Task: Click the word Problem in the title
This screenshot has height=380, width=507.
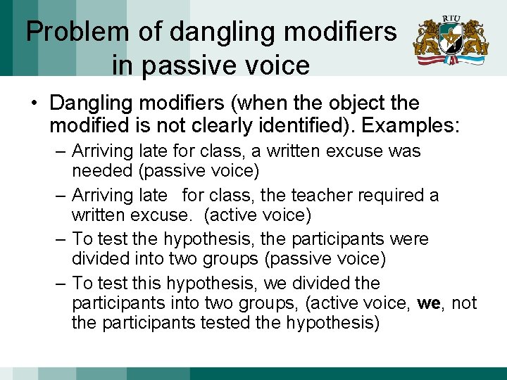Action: (x=77, y=32)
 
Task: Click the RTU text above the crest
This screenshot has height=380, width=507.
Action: (x=451, y=18)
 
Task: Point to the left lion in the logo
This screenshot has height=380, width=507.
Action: (x=427, y=39)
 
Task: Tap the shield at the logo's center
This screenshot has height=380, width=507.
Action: (x=451, y=40)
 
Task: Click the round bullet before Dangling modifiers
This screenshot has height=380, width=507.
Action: (x=34, y=103)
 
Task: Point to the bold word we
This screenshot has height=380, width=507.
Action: (x=429, y=303)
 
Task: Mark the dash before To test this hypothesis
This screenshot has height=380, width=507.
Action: (x=61, y=284)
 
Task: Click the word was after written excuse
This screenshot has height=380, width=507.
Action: (x=404, y=151)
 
